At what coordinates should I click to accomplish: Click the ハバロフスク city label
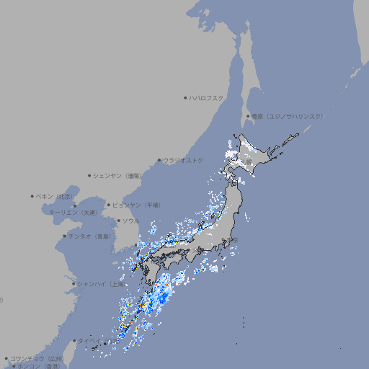(x=207, y=97)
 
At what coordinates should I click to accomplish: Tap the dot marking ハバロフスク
(x=185, y=97)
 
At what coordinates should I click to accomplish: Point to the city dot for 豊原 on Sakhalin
(x=248, y=116)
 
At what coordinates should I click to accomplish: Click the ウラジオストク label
(x=184, y=160)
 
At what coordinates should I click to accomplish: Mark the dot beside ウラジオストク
(x=159, y=161)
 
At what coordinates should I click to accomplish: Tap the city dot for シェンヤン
(x=89, y=175)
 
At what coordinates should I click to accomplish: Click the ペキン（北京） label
(x=55, y=196)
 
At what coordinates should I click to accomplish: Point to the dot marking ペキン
(x=32, y=196)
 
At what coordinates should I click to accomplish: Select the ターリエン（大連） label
(x=73, y=213)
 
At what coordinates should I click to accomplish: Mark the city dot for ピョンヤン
(x=109, y=205)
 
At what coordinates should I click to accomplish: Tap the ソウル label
(x=130, y=221)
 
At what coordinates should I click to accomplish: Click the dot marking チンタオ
(x=65, y=236)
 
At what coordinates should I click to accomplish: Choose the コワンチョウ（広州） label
(x=36, y=358)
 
